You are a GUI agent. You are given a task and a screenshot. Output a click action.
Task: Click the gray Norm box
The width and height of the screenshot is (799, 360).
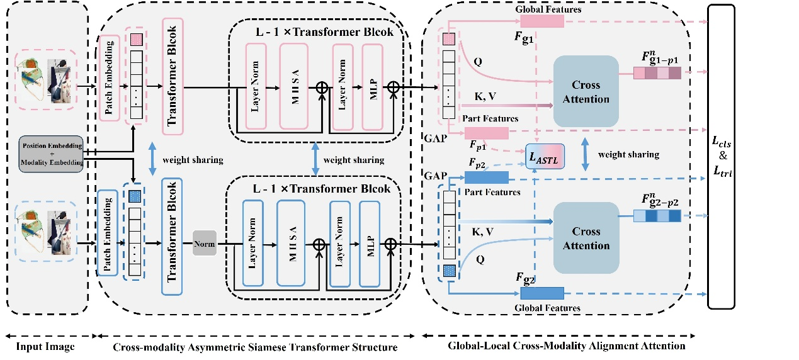click(204, 244)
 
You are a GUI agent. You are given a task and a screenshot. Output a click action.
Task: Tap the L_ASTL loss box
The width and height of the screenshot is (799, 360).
click(545, 155)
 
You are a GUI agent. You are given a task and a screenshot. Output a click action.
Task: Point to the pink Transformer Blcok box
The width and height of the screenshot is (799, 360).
click(172, 76)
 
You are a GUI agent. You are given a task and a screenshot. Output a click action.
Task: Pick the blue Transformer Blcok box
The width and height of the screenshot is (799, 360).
click(172, 237)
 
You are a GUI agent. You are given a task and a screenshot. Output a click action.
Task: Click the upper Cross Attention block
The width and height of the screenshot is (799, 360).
click(586, 91)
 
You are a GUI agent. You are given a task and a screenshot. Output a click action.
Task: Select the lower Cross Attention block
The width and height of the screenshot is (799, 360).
click(586, 238)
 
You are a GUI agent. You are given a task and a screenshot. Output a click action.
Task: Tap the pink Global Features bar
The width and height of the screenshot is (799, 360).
click(542, 21)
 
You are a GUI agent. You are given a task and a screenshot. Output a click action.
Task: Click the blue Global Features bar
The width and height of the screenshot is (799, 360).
click(541, 293)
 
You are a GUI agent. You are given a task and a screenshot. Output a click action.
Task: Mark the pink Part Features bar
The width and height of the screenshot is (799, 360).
click(486, 133)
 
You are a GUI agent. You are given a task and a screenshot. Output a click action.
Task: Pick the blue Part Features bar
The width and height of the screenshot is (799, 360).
click(486, 178)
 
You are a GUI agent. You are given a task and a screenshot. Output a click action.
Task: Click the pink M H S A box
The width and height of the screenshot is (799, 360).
click(295, 87)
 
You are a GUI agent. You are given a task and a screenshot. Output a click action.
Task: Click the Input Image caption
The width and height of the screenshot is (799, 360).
click(46, 346)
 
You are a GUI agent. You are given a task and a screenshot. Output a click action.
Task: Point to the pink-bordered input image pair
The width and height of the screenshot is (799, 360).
click(47, 80)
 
